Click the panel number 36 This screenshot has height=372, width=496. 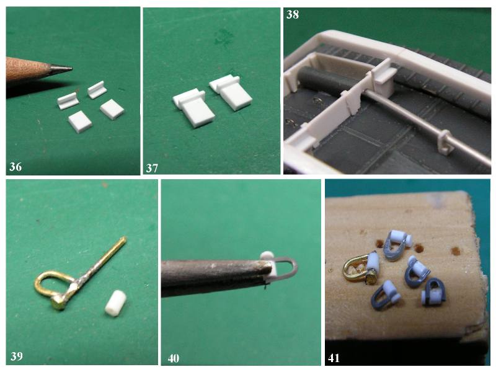coord(15,166)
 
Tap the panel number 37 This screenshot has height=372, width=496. coord(152,168)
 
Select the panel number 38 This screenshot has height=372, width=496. coord(293,15)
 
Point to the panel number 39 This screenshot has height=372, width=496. coord(17,356)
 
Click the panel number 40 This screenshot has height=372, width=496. coord(174,358)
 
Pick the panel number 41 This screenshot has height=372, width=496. coord(334,358)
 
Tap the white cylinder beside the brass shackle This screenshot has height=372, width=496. coord(116,303)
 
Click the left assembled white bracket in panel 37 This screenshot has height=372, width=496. coord(193,107)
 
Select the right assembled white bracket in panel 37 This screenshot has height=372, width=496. coord(230,92)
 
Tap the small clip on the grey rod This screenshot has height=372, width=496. coord(445,143)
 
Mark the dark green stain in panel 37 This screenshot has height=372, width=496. coord(224,36)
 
